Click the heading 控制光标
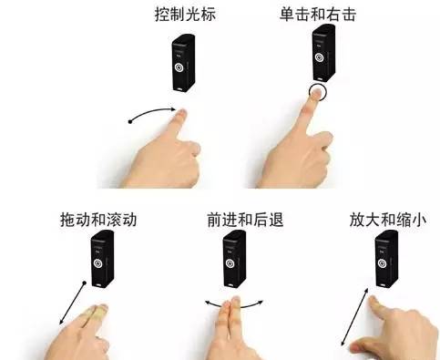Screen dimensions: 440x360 (185, 15)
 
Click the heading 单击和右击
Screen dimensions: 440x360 (318, 15)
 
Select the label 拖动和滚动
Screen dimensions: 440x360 (98, 220)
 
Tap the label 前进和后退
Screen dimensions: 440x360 (245, 220)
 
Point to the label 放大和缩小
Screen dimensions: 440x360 (388, 220)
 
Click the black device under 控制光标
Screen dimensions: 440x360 (184, 63)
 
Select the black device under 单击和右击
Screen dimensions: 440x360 (324, 53)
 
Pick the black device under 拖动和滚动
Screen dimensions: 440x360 (103, 259)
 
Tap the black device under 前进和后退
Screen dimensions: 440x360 (234, 259)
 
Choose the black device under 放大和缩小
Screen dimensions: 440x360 (386, 259)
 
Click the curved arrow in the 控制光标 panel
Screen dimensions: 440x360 (152, 112)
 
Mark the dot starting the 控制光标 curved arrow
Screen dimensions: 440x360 (130, 122)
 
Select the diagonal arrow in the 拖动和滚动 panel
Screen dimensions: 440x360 (72, 303)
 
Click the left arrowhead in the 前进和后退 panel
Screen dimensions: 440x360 (209, 303)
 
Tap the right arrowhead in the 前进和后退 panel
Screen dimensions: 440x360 (260, 302)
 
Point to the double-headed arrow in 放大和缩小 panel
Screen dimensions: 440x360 (354, 317)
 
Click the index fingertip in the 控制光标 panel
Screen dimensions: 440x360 (182, 114)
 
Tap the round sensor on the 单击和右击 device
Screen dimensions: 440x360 (319, 57)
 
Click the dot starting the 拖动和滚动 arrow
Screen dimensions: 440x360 (85, 283)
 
